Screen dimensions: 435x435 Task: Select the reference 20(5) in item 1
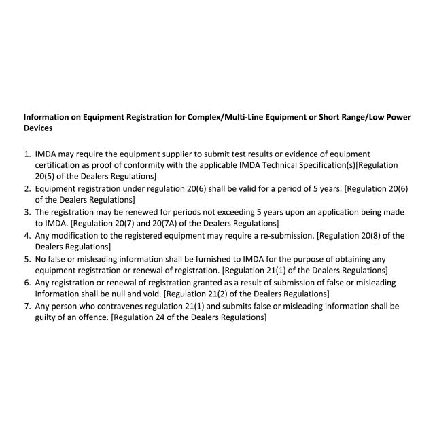[46, 176]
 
